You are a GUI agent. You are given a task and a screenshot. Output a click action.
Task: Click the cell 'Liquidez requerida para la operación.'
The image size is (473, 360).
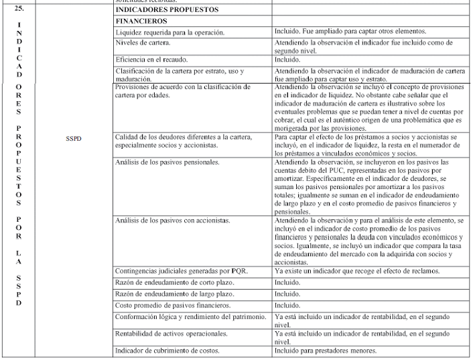pos(170,32)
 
